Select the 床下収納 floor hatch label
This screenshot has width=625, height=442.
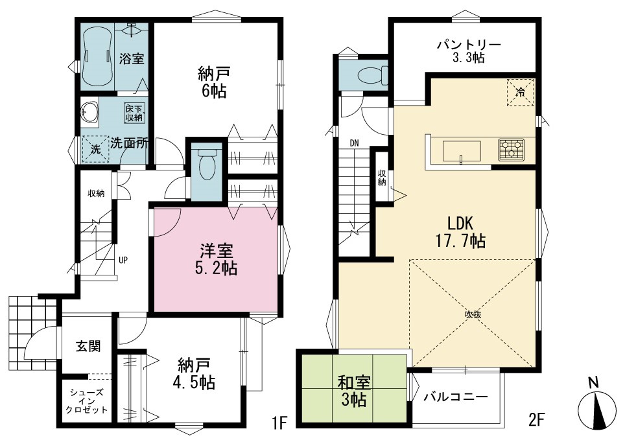(x=135, y=113)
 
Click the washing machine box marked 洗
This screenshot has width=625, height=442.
(x=96, y=150)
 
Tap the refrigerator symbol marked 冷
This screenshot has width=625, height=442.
(x=520, y=93)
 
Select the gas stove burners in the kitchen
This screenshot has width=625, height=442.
(x=511, y=150)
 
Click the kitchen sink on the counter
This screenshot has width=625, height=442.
(x=462, y=152)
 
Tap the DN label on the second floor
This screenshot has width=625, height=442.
(x=355, y=143)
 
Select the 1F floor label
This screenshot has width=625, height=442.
(x=280, y=422)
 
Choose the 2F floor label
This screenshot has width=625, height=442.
(x=537, y=419)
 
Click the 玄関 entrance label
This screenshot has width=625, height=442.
(x=88, y=346)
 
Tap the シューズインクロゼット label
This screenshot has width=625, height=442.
(x=86, y=401)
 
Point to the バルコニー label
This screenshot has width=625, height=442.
(x=456, y=397)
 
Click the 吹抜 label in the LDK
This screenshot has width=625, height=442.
(x=473, y=314)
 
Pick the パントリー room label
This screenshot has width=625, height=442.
(x=469, y=44)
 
